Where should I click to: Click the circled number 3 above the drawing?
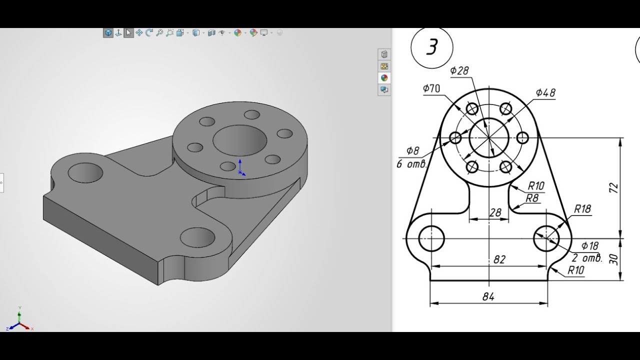[x=431, y=47]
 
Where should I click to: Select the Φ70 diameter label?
[x=431, y=88]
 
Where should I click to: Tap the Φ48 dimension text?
[x=545, y=92]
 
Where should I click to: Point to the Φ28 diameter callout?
[x=459, y=70]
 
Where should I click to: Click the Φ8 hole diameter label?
[x=412, y=150]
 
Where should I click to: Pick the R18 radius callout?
[x=582, y=209]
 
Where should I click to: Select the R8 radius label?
[x=532, y=198]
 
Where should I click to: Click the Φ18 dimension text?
[x=590, y=245]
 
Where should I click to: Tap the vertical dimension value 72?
[x=614, y=188]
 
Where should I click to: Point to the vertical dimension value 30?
[x=614, y=259]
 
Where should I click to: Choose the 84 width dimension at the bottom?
[x=488, y=296]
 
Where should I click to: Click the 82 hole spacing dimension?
[x=499, y=259]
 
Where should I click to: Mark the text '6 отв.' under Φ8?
[x=411, y=164]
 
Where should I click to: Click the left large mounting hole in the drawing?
[x=431, y=238]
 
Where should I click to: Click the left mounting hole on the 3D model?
[x=85, y=172]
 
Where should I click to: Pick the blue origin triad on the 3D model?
[x=240, y=168]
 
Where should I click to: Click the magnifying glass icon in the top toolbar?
[x=159, y=33]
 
